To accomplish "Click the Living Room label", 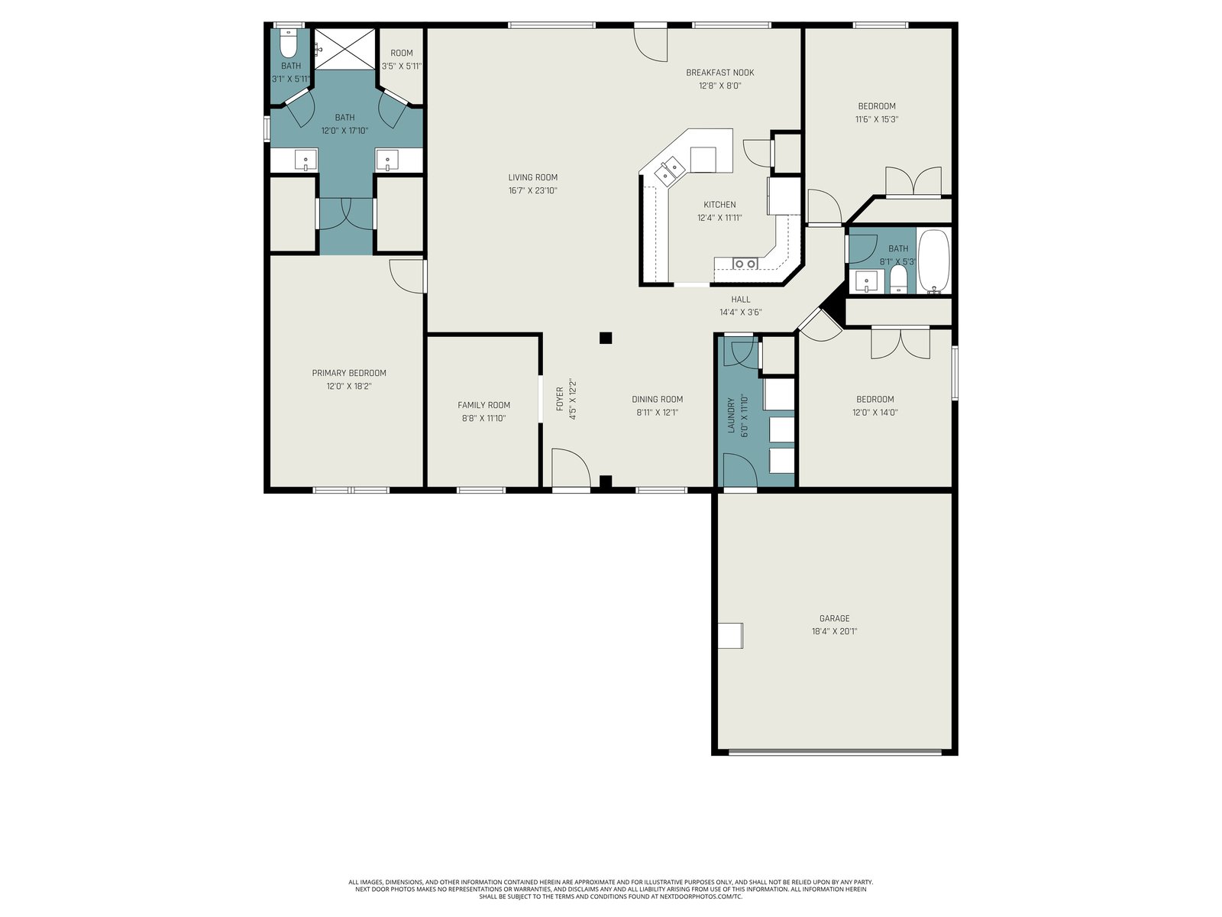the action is click(x=532, y=177).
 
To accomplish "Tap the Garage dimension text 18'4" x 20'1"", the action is click(x=834, y=631).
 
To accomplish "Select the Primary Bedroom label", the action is click(x=348, y=372).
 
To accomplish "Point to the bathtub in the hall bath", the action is click(x=933, y=261).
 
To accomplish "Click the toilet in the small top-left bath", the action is click(x=289, y=44).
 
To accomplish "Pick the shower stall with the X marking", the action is click(x=345, y=49).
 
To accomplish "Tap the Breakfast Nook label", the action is click(x=720, y=73).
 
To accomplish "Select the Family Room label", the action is click(x=483, y=405).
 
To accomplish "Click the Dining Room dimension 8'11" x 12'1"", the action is click(x=657, y=413).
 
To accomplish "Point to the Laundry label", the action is click(x=732, y=415).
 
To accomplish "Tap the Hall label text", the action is click(x=740, y=299).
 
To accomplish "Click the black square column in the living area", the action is click(x=606, y=338).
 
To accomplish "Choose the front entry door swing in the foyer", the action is click(x=571, y=468).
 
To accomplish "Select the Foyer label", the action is click(x=560, y=399).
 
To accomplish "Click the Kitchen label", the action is click(x=719, y=204).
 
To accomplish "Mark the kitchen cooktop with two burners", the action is click(x=745, y=264).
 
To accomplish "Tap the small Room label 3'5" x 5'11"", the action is click(x=402, y=60).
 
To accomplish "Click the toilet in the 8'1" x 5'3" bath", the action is click(x=898, y=279).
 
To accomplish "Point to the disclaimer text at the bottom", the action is click(x=611, y=889).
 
